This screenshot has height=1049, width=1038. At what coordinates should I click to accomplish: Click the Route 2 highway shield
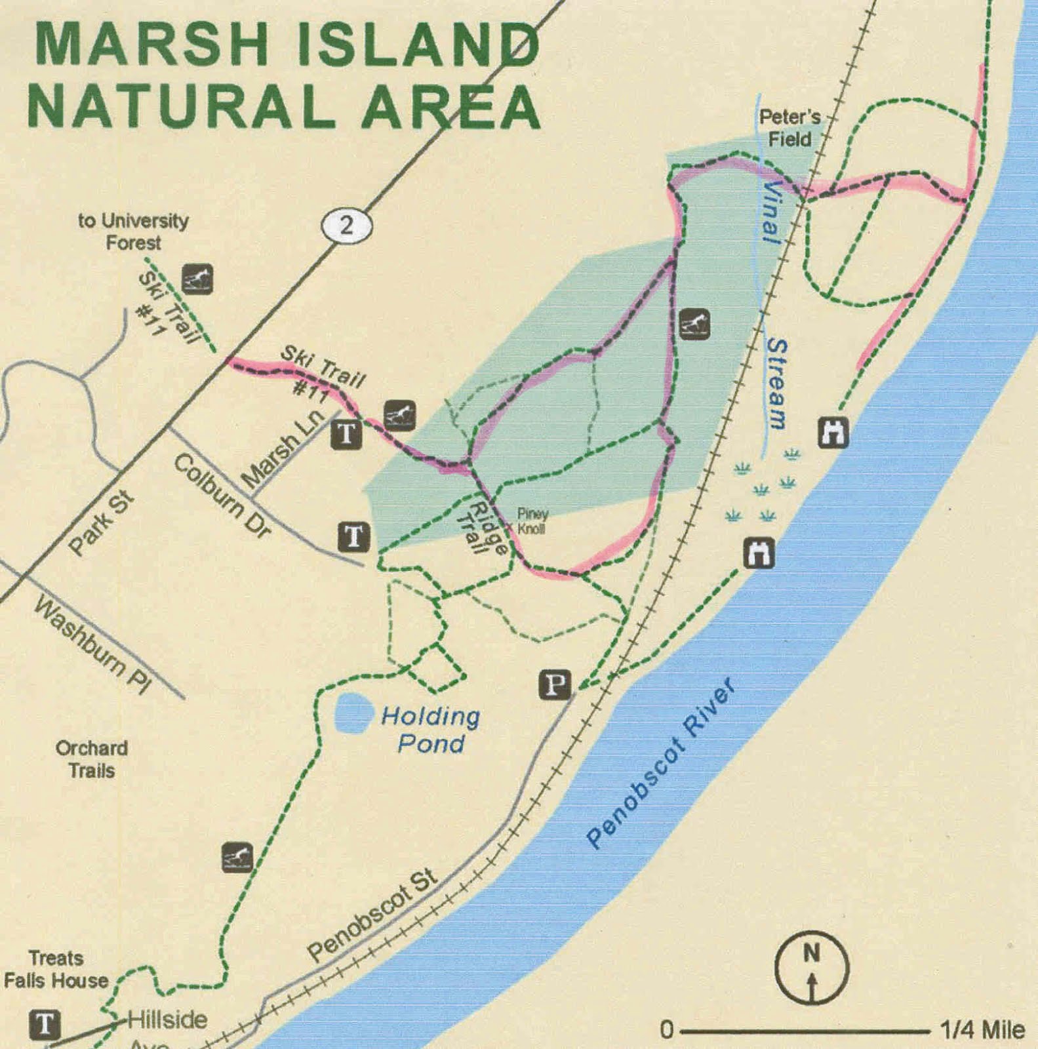[x=346, y=226]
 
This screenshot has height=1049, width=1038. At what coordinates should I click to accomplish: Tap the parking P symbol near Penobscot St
[x=555, y=685]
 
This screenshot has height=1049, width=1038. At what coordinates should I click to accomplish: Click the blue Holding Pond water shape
[x=353, y=715]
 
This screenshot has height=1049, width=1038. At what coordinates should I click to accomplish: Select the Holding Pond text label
[x=431, y=730]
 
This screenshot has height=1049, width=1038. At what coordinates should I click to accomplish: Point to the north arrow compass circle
[x=812, y=968]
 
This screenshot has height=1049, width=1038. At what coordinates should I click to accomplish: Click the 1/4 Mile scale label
[x=982, y=1030]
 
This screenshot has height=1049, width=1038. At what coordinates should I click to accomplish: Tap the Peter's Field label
[x=789, y=128]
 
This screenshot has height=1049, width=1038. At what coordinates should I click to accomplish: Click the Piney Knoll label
[x=532, y=521]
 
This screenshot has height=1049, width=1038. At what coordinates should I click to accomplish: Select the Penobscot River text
[x=660, y=764]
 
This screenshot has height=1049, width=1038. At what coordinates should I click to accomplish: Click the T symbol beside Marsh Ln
[x=348, y=433]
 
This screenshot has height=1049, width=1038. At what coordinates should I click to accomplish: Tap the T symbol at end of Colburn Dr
[x=353, y=537]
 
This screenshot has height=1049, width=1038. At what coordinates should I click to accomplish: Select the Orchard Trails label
[x=92, y=759]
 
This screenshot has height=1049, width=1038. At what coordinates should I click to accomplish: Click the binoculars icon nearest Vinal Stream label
[x=833, y=433]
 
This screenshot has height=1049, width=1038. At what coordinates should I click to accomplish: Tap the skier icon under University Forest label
[x=197, y=279]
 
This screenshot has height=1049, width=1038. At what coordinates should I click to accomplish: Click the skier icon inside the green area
[x=694, y=323]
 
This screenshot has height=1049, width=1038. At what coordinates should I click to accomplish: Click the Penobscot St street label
[x=372, y=915]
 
